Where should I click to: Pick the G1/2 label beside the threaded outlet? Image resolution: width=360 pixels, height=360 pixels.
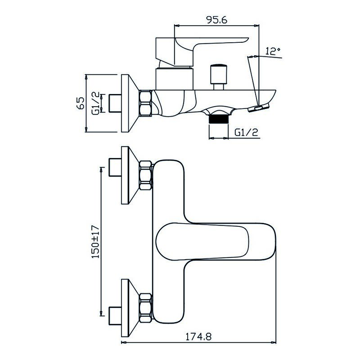click(246, 132)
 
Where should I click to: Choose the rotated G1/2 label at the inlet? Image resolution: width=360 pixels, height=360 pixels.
click(96, 103)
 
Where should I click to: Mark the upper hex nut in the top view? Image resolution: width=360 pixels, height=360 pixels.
click(146, 175)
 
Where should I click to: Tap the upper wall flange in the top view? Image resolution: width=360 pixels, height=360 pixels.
click(128, 175)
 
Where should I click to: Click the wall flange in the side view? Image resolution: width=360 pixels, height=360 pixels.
click(128, 103)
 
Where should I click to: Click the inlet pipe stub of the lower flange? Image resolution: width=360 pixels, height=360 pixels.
click(115, 311)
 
